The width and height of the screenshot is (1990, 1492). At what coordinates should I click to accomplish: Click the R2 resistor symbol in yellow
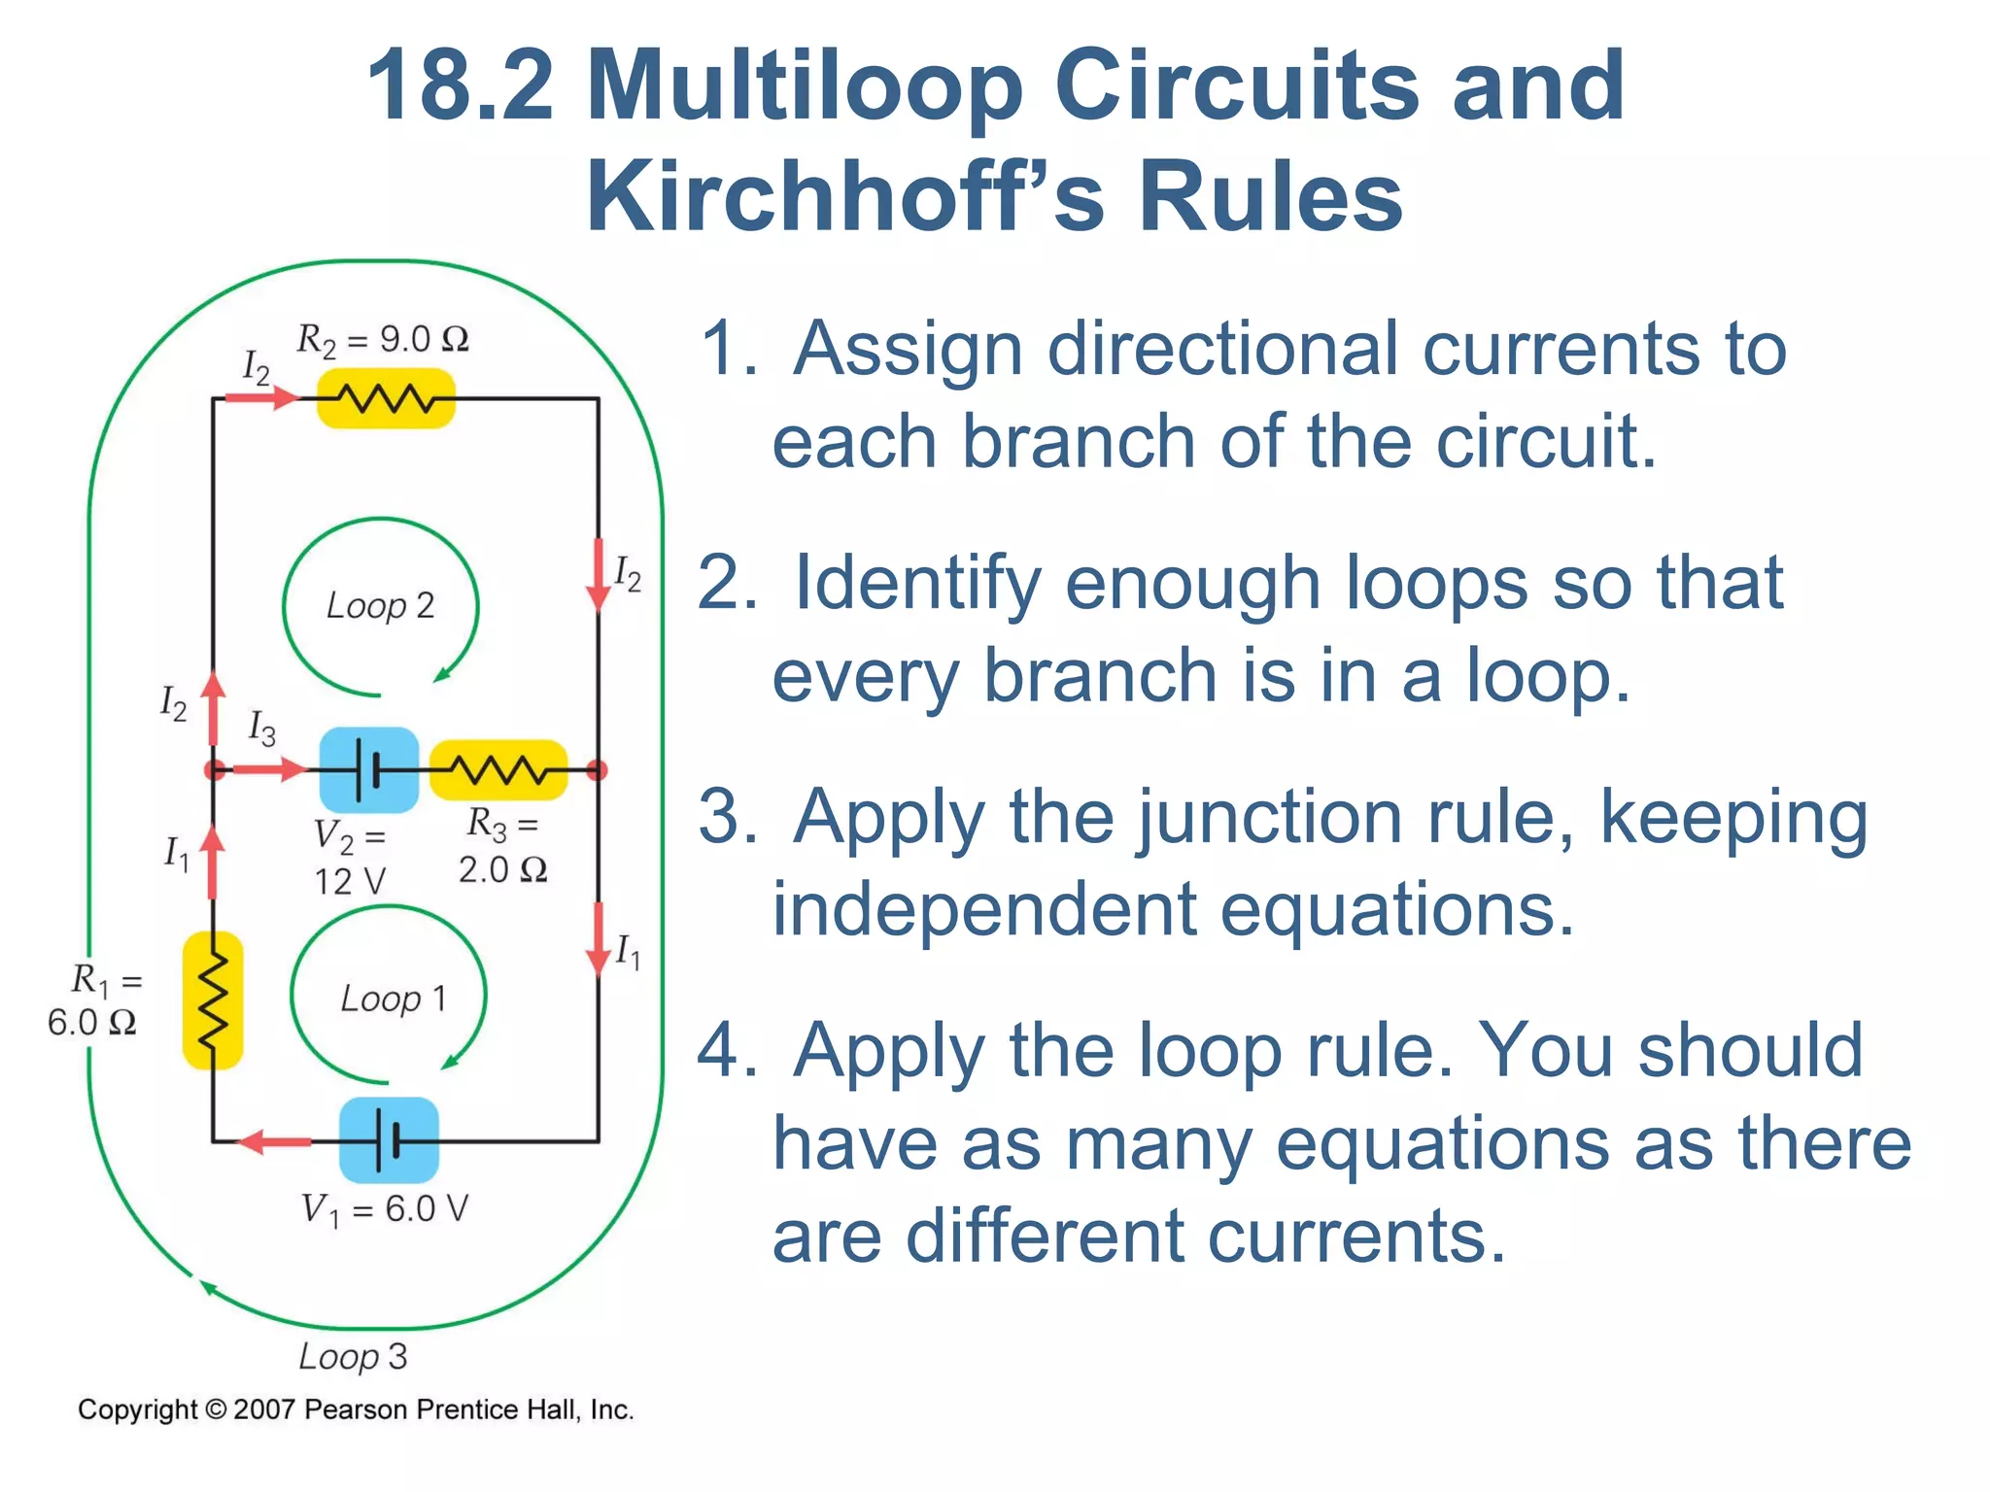click(x=386, y=398)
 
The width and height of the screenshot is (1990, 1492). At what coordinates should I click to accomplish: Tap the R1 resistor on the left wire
click(x=213, y=1000)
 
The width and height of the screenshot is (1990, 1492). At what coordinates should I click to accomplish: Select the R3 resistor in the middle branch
click(x=498, y=770)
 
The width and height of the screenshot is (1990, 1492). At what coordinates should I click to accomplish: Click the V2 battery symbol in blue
click(x=368, y=770)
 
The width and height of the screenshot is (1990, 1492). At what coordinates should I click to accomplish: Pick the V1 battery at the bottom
click(x=389, y=1140)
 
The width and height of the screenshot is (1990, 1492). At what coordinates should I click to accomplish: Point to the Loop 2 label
click(x=380, y=605)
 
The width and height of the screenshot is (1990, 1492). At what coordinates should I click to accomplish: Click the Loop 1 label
click(x=393, y=999)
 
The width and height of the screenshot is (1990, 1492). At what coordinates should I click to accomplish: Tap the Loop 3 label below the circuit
click(x=353, y=1356)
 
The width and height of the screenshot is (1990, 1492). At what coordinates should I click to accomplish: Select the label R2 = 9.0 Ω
click(x=383, y=339)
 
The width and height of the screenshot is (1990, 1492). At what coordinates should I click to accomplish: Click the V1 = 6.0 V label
click(x=385, y=1209)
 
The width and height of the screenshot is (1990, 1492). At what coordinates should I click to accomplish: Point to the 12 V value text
click(x=350, y=881)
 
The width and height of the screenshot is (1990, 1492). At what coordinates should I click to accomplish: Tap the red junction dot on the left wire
click(x=214, y=770)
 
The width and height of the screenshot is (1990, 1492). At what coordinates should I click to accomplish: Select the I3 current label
click(x=261, y=728)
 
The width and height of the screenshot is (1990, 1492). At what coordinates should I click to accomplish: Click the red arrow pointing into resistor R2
click(x=260, y=397)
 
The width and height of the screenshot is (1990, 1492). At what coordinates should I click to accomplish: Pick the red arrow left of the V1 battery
click(x=275, y=1141)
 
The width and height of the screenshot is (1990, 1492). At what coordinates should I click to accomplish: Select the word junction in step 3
click(x=1292, y=818)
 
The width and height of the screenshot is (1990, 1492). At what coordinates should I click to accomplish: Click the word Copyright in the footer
click(x=137, y=1409)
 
